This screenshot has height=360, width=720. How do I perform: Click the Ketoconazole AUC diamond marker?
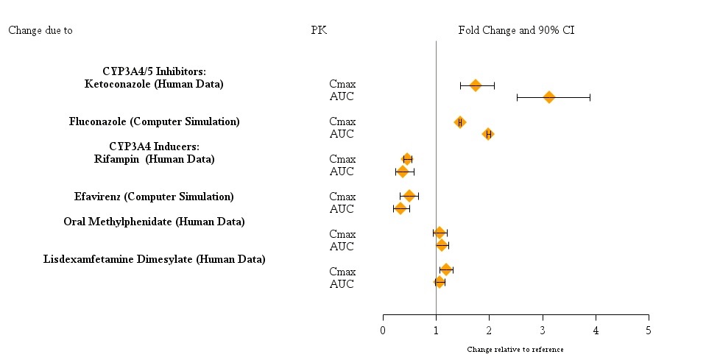pos(548,97)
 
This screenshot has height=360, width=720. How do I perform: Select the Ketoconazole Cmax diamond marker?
pos(476,85)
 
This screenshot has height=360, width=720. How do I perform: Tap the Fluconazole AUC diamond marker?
pos(487,134)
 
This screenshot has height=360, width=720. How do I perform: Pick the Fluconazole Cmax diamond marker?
pos(460,122)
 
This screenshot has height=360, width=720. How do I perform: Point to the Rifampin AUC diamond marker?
pos(403,172)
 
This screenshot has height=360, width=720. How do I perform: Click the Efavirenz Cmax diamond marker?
pos(409,196)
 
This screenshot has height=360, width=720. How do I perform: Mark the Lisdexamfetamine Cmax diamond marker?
pos(446,270)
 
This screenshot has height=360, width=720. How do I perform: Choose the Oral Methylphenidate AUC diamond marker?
pos(442,245)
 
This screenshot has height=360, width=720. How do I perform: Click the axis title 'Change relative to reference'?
pos(515,349)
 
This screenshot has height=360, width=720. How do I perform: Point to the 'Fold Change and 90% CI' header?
pos(516,30)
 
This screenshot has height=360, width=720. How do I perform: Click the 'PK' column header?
pos(319,30)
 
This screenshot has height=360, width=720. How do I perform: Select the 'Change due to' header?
pos(40,30)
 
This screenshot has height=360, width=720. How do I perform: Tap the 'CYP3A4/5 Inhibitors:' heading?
pos(154,71)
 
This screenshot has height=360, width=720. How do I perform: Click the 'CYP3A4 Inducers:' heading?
pos(154,147)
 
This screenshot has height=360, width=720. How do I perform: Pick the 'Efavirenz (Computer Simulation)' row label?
pos(154,197)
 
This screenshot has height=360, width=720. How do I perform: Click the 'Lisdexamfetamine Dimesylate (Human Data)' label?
pos(154,259)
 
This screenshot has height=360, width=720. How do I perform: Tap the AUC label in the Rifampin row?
pos(342,172)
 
